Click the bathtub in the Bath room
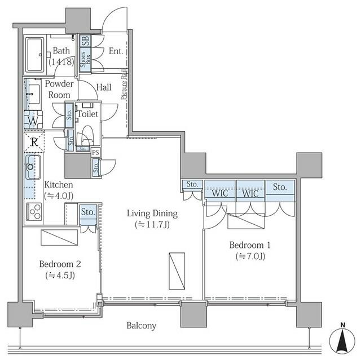(35, 55)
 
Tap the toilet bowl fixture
(87, 136)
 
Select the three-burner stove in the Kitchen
(34, 212)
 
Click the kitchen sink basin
(33, 167)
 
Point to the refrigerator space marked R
(34, 141)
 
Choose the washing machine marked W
(33, 120)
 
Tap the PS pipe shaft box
(95, 152)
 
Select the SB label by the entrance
(85, 41)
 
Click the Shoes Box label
(85, 59)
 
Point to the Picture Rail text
(124, 85)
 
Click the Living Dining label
(152, 214)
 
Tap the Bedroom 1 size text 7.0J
(250, 256)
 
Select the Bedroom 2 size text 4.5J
(60, 275)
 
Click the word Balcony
(142, 326)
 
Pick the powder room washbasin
(34, 94)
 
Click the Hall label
(104, 87)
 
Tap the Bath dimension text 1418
(61, 61)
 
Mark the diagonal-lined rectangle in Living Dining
(177, 271)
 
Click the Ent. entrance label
(116, 51)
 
